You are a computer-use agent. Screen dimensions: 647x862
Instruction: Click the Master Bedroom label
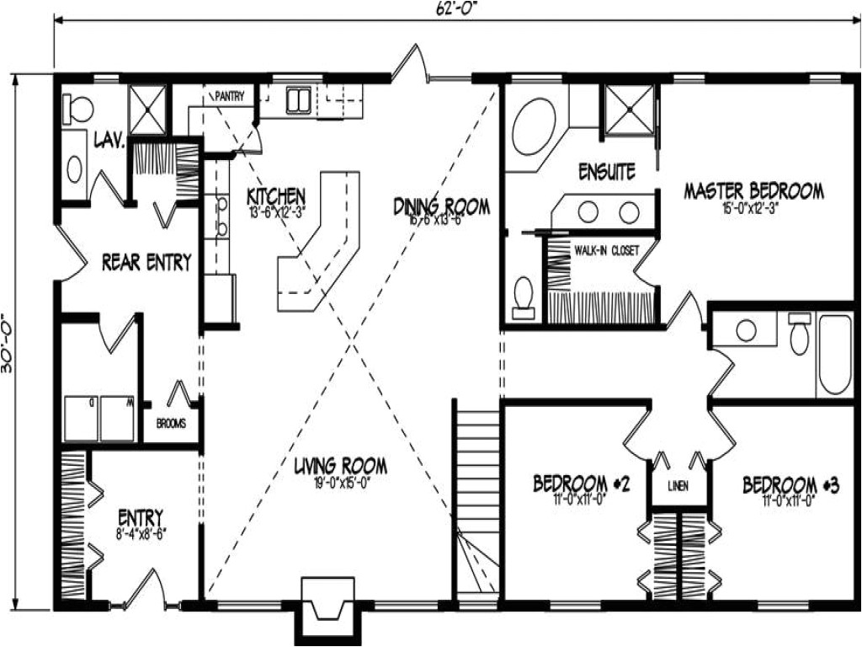pos(753,190)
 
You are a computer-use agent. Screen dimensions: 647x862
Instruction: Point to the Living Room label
pos(340,465)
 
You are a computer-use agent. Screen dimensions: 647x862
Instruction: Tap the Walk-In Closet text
pos(607,250)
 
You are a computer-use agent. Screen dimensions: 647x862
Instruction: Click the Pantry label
pos(229,96)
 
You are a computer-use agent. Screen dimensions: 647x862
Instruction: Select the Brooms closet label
pos(171,424)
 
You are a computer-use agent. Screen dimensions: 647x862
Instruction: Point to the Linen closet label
pos(678,486)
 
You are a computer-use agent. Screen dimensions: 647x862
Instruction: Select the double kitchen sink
pos(298,99)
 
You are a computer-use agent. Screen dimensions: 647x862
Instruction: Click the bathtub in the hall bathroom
pos(835,354)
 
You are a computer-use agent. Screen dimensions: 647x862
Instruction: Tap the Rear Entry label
pos(146,261)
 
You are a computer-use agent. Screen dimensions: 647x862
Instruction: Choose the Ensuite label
pos(606,171)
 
